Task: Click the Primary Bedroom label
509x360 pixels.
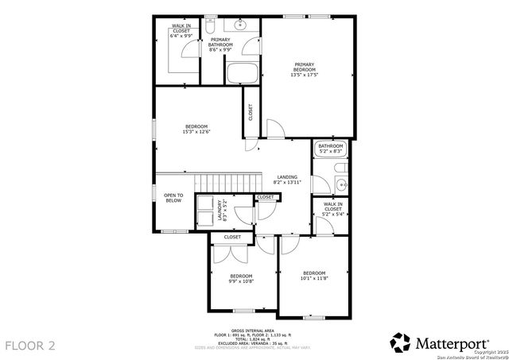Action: pyautogui.click(x=305, y=68)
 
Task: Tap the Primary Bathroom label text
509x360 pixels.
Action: pyautogui.click(x=220, y=45)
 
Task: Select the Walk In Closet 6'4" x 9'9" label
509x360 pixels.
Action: pyautogui.click(x=181, y=32)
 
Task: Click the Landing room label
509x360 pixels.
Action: pyautogui.click(x=287, y=180)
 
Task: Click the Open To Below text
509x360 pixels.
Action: pyautogui.click(x=173, y=198)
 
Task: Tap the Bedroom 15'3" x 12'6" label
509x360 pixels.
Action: pyautogui.click(x=196, y=130)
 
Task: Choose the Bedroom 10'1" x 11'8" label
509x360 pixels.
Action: pyautogui.click(x=314, y=275)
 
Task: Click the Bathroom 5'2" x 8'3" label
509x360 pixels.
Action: pyautogui.click(x=330, y=148)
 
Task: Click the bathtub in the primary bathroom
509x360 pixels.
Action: pyautogui.click(x=242, y=74)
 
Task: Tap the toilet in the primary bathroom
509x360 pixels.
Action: pyautogui.click(x=212, y=26)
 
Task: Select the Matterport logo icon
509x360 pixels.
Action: pyautogui.click(x=400, y=343)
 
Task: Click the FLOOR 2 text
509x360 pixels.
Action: pyautogui.click(x=31, y=345)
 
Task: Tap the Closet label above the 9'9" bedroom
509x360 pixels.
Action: pyautogui.click(x=232, y=237)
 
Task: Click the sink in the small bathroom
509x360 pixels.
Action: pyautogui.click(x=340, y=185)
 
